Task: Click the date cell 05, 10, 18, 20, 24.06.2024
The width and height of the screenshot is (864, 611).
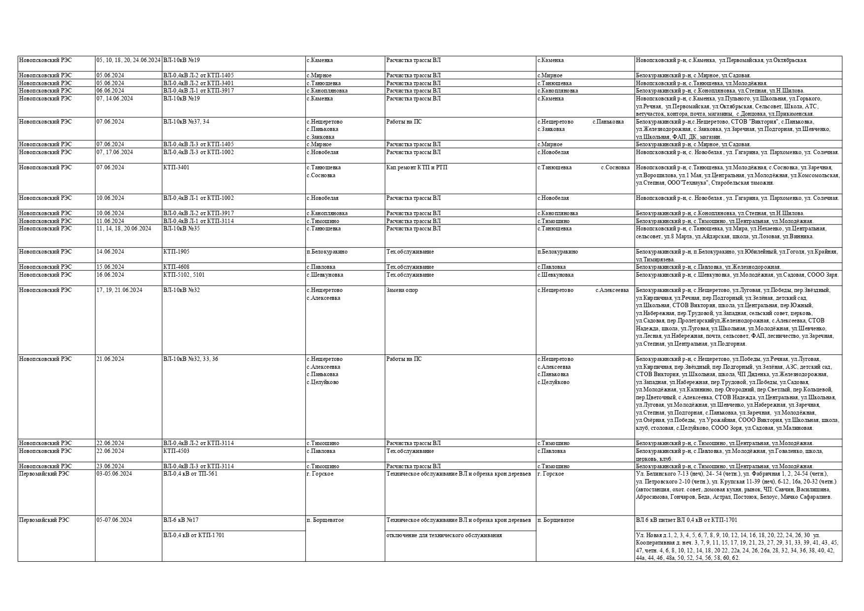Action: point(128,61)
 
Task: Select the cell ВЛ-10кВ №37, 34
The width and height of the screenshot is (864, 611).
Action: point(186,122)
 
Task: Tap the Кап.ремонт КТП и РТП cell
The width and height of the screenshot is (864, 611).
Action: point(416,168)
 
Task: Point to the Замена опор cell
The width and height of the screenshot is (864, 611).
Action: point(402,290)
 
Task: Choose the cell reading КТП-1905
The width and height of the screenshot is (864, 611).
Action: point(176,252)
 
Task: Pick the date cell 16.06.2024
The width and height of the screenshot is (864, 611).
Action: point(110,275)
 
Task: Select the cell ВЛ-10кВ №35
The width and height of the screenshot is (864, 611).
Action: point(181,229)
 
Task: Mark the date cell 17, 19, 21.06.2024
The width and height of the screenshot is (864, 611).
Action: point(119,290)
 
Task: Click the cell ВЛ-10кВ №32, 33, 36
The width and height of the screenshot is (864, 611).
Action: point(191,359)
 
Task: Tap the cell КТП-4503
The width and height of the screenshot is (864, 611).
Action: point(176,451)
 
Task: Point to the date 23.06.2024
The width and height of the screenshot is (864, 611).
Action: point(110,467)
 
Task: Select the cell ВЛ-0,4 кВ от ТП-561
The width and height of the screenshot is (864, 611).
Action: point(190,474)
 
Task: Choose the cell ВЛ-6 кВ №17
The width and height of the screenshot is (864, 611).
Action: point(181,520)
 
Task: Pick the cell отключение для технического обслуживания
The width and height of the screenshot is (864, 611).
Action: point(444,536)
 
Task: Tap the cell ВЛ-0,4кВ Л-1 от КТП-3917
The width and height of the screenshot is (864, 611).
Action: point(198,91)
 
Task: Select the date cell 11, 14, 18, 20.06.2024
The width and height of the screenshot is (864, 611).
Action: point(124,229)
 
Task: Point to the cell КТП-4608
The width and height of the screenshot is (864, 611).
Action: point(176,267)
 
